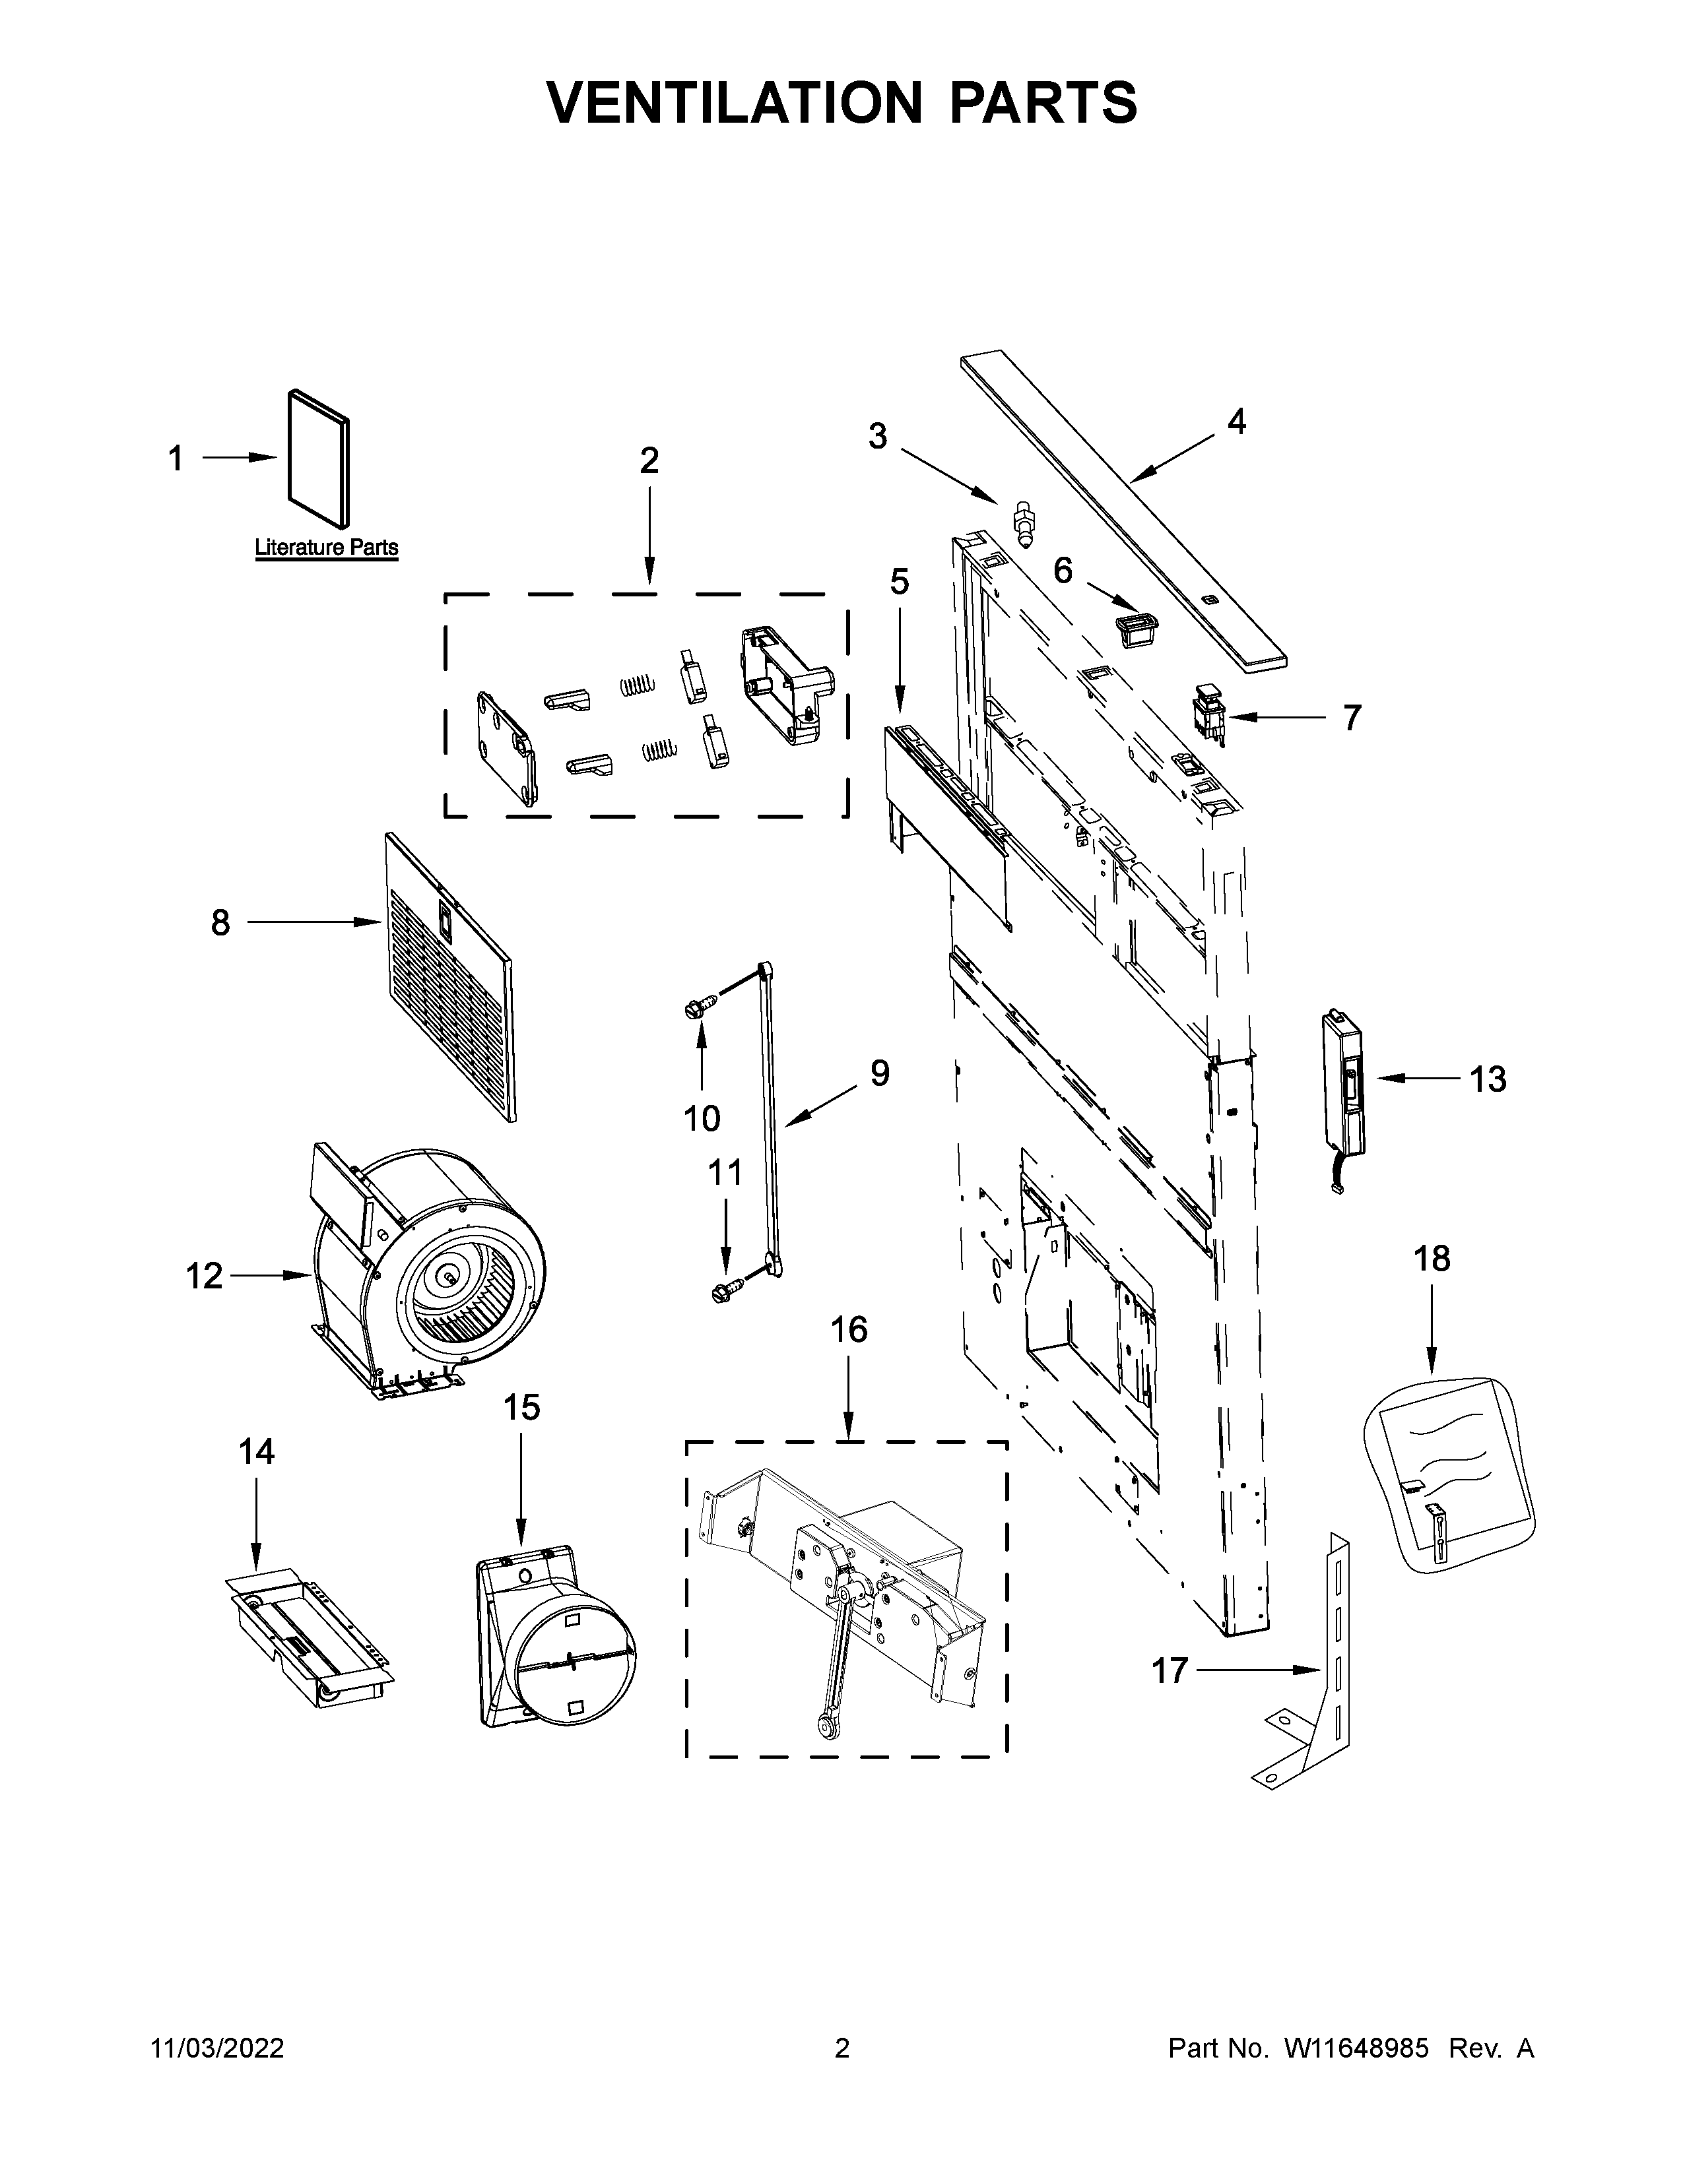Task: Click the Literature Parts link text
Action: [x=326, y=548]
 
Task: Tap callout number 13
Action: [x=1488, y=1079]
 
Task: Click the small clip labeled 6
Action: [x=1135, y=630]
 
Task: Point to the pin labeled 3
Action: [x=1021, y=522]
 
